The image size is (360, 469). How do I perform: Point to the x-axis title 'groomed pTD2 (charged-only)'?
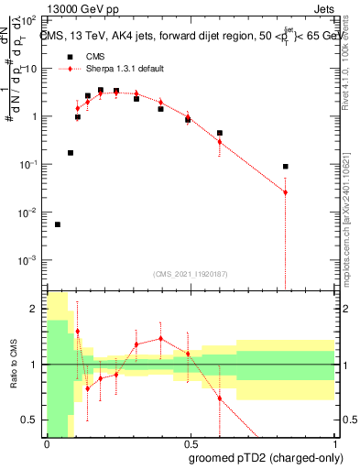pyautogui.click(x=265, y=457)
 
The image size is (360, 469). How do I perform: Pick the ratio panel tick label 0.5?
pyautogui.click(x=32, y=420)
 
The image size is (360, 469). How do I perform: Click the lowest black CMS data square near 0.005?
pyautogui.click(x=58, y=224)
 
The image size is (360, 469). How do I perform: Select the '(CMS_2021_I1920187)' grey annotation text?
pyautogui.click(x=190, y=274)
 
